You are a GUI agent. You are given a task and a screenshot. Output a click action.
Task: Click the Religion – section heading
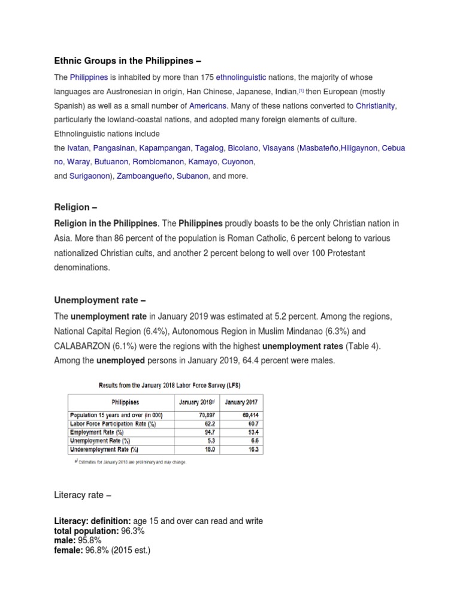click(75, 207)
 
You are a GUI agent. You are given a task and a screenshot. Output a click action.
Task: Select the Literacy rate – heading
click(82, 495)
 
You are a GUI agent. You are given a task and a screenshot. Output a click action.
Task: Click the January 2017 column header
click(241, 402)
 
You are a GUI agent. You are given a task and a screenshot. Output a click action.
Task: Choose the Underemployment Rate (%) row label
click(104, 449)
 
